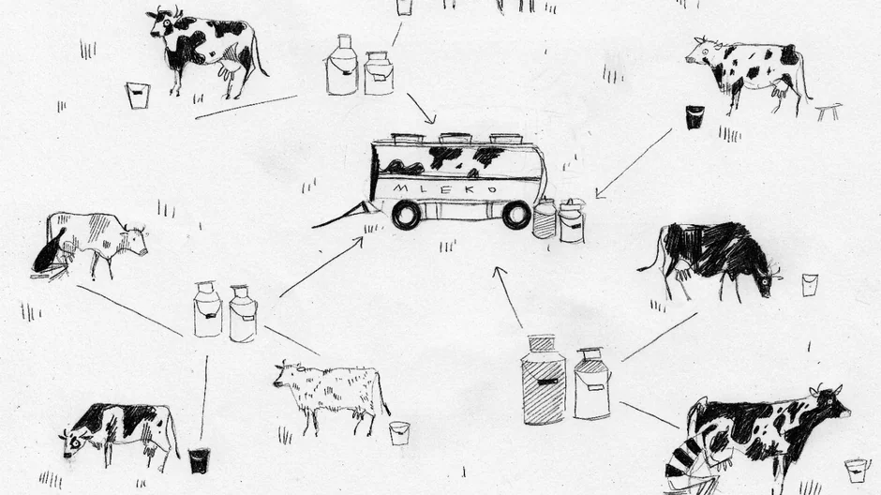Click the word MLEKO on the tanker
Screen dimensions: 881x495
click(x=445, y=188)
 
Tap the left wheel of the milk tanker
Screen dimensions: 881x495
click(x=406, y=215)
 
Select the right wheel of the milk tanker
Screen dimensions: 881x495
click(x=516, y=215)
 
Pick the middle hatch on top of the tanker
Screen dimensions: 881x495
click(x=455, y=138)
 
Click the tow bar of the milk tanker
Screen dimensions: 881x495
click(x=343, y=215)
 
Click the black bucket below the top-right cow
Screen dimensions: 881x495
click(x=695, y=117)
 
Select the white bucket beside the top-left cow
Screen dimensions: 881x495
click(x=138, y=96)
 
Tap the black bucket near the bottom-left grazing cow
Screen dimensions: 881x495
click(x=199, y=460)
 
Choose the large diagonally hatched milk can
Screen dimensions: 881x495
click(x=544, y=380)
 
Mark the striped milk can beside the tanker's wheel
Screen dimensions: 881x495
click(x=544, y=218)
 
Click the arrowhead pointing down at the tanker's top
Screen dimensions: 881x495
click(x=429, y=118)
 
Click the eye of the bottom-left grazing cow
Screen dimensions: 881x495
click(x=75, y=442)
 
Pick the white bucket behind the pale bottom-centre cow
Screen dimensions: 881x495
click(x=399, y=433)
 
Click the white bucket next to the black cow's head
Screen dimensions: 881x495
click(x=810, y=285)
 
